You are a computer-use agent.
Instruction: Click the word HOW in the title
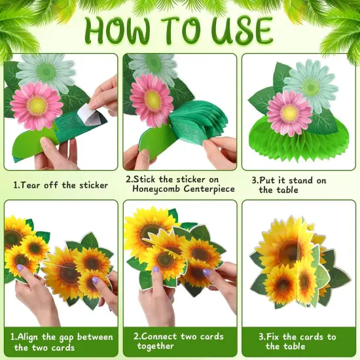pyautogui.click(x=120, y=29)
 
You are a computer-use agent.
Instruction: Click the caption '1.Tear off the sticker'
pyautogui.click(x=60, y=185)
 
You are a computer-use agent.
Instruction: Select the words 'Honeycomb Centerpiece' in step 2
pyautogui.click(x=178, y=190)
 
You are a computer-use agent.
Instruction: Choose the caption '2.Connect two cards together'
pyautogui.click(x=178, y=341)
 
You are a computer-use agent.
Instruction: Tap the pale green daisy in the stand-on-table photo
pyautogui.click(x=312, y=84)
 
